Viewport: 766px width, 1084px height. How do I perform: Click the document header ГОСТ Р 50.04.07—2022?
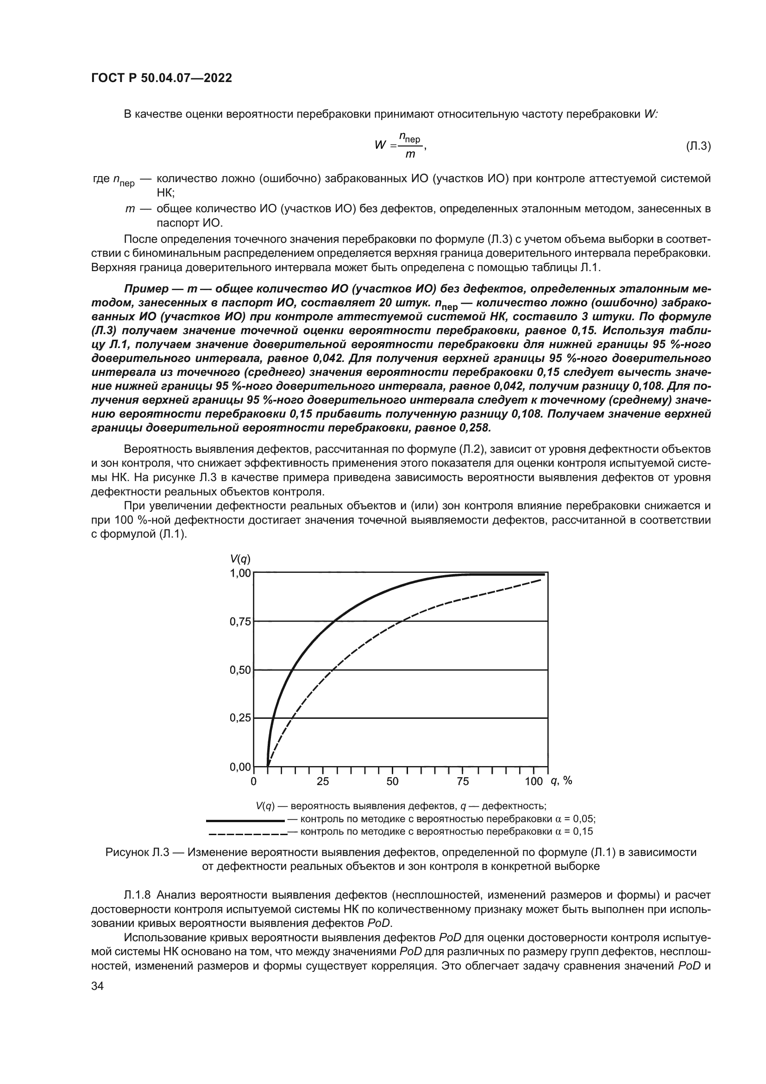tap(161, 78)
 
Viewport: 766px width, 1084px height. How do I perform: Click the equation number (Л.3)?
tap(697, 146)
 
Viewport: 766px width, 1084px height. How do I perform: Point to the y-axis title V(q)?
tap(240, 559)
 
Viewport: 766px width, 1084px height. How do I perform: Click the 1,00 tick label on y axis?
tap(240, 573)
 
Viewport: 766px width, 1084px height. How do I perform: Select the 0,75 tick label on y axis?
tap(240, 622)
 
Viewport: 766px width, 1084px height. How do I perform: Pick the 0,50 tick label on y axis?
tap(240, 670)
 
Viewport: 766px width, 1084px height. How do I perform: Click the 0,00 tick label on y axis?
tap(240, 767)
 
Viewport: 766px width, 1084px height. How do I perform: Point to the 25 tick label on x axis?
tap(323, 781)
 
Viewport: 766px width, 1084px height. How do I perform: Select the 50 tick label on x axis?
tap(392, 781)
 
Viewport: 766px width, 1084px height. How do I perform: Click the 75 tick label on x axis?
tap(463, 781)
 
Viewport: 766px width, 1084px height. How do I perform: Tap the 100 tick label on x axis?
tap(534, 781)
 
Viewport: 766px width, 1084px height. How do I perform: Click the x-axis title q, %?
tap(561, 781)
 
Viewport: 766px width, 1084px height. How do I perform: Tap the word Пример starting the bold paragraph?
tap(146, 288)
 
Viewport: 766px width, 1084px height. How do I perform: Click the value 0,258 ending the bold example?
tap(474, 428)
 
